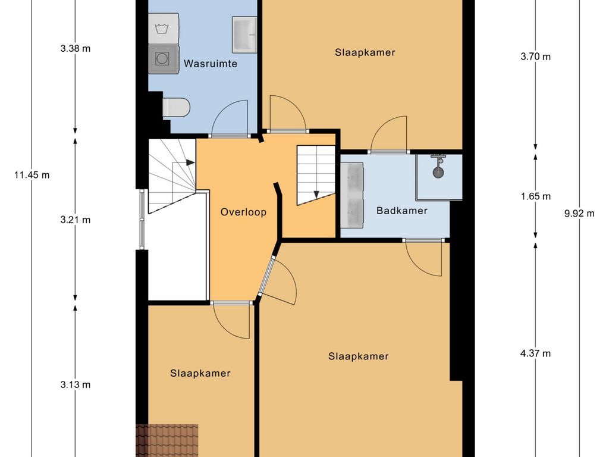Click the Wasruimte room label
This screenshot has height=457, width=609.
click(210, 63)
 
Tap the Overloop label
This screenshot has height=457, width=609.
click(243, 212)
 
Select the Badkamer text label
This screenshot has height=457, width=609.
click(402, 211)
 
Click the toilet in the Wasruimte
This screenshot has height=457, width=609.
click(176, 107)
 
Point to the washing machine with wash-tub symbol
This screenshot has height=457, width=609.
click(164, 29)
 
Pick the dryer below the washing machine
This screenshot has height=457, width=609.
click(164, 59)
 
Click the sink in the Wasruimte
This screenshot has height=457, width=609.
click(244, 35)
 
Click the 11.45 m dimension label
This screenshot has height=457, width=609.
click(32, 175)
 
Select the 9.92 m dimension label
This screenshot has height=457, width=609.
click(579, 214)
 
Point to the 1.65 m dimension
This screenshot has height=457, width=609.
click(536, 196)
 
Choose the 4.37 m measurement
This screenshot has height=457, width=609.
click(536, 353)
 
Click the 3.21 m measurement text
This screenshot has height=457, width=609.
click(76, 220)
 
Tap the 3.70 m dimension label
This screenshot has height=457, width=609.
click(536, 57)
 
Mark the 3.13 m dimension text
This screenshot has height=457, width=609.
click(76, 385)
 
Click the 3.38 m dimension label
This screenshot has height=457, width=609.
click(76, 49)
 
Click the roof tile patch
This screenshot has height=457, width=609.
click(167, 441)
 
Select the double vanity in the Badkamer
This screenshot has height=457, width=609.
click(352, 195)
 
